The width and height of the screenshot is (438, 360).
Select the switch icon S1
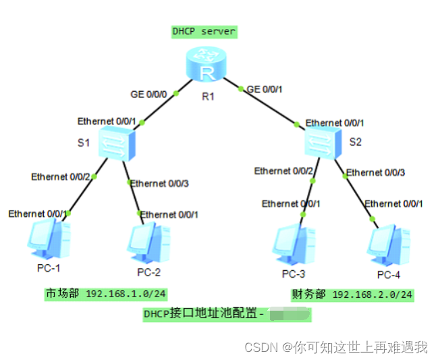(x=116, y=143)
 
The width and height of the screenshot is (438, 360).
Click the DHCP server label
(x=204, y=32)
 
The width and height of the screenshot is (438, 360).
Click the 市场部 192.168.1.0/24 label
(x=106, y=294)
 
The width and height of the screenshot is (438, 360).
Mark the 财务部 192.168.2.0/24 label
(x=352, y=294)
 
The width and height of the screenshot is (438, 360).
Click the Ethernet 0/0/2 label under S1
(x=60, y=177)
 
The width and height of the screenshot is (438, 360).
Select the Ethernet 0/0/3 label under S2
(x=375, y=173)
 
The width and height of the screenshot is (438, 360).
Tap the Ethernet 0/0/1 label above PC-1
(x=38, y=214)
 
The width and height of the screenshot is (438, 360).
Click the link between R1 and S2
(x=270, y=105)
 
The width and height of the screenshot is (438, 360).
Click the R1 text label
(x=208, y=97)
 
